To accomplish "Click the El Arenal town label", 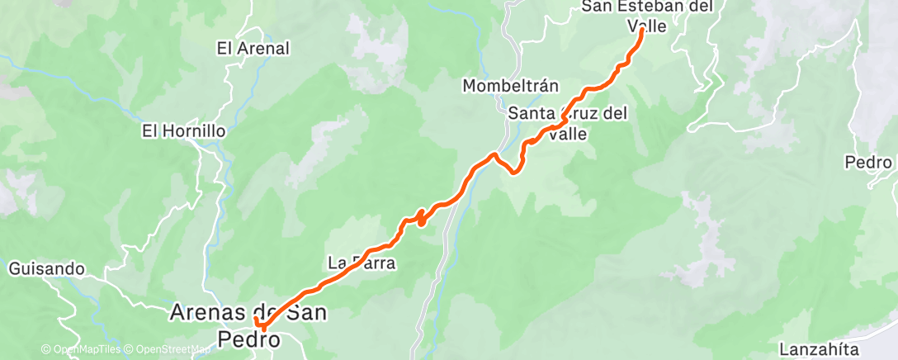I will point(253,49).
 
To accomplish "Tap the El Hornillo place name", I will point(183,130).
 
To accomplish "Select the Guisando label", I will point(47,268).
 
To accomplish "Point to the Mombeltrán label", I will point(511,86).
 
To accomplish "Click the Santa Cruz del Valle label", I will point(568,122).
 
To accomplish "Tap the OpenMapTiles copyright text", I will point(81,350).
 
